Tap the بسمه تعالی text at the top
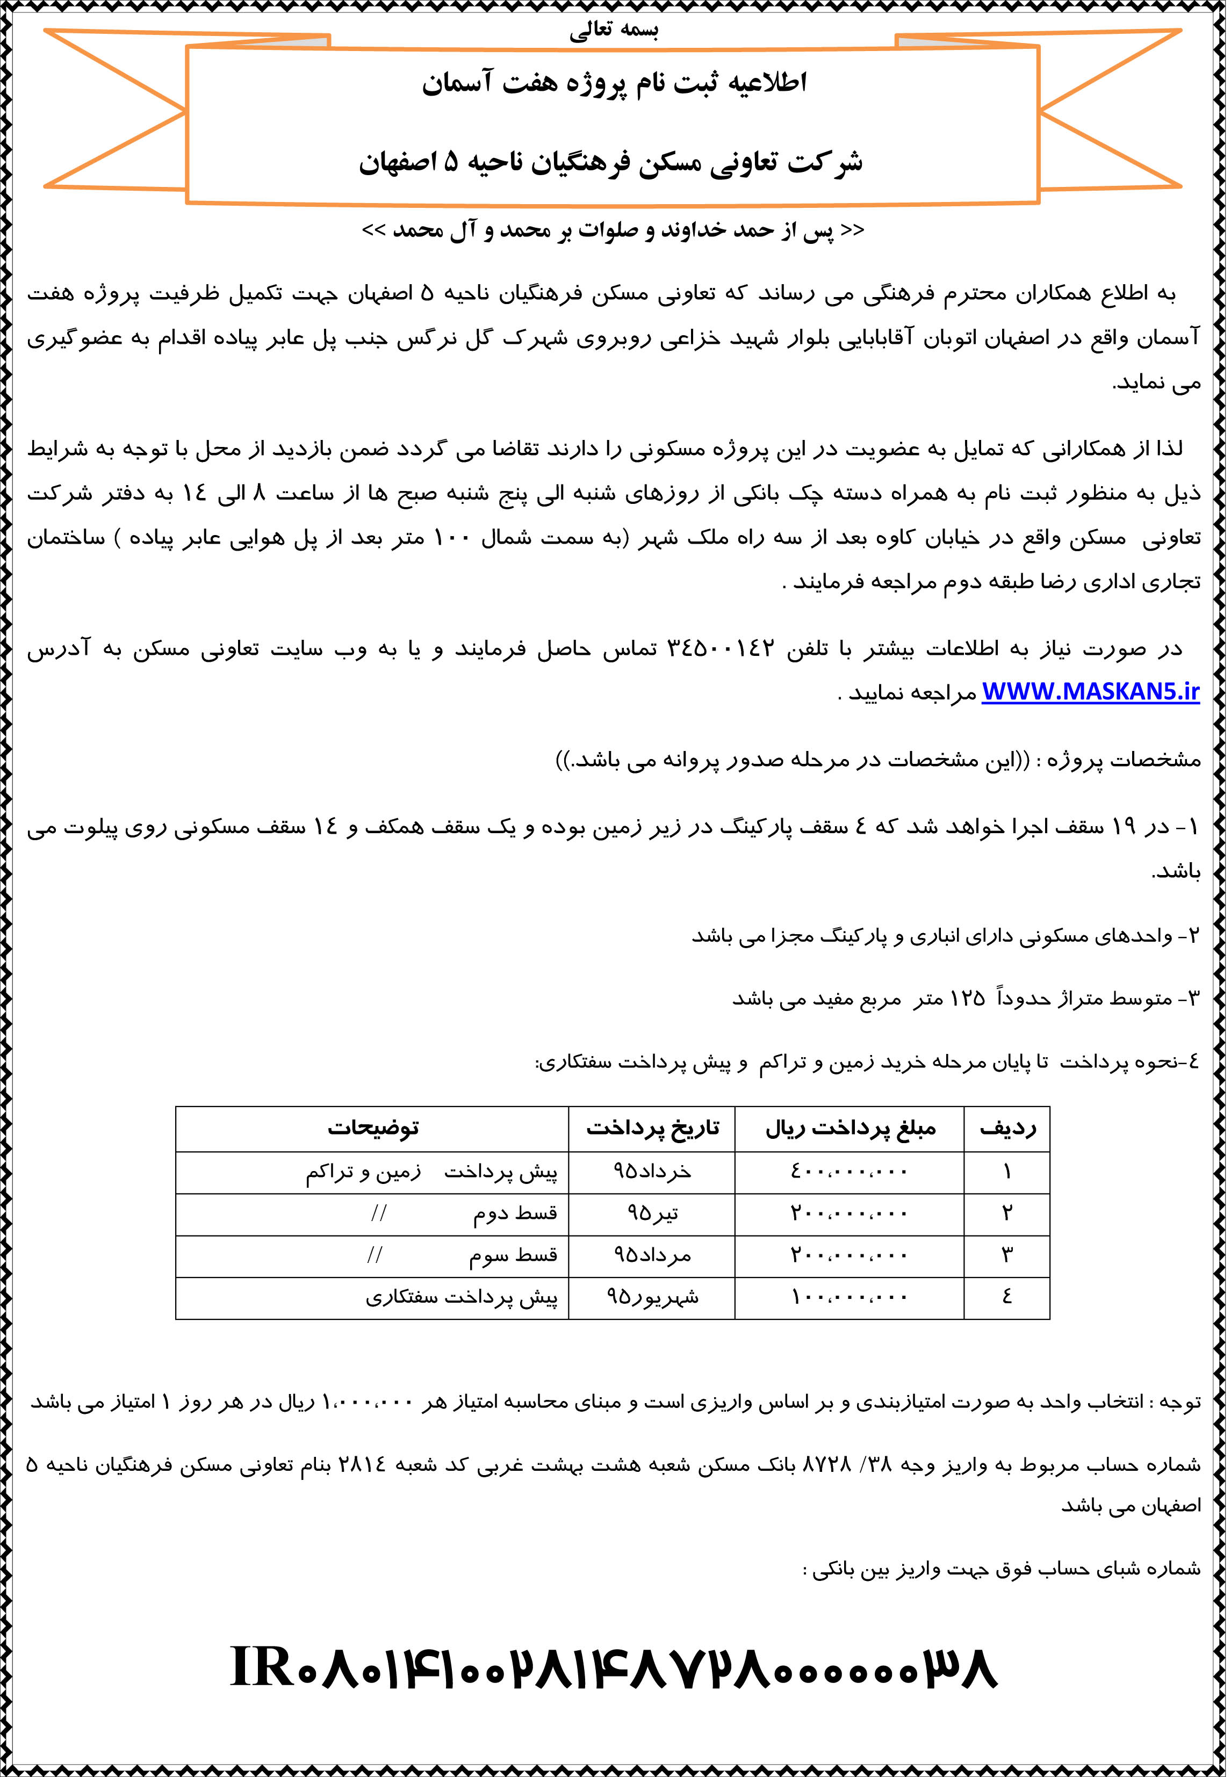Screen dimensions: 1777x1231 pos(614,31)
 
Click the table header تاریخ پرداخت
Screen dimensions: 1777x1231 pos(652,1129)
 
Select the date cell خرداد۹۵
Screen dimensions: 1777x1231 pos(652,1172)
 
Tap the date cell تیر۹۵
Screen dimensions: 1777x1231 pos(652,1213)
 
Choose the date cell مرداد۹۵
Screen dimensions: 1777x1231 pos(652,1255)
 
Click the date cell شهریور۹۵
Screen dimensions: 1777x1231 pos(652,1297)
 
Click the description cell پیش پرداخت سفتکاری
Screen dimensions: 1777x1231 pos(461,1297)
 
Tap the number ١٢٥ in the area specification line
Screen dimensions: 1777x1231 pos(967,999)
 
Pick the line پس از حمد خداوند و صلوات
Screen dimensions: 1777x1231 pos(614,230)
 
